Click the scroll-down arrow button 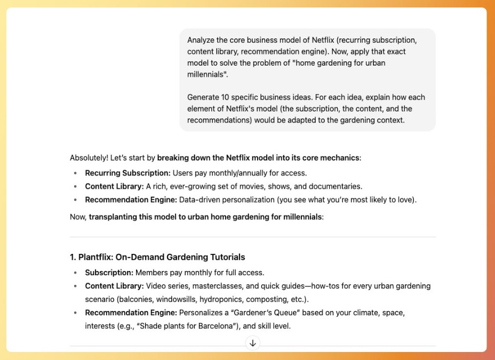click(253, 343)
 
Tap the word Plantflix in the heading click(95, 257)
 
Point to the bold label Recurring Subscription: click(127, 173)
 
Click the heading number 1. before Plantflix click(73, 257)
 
